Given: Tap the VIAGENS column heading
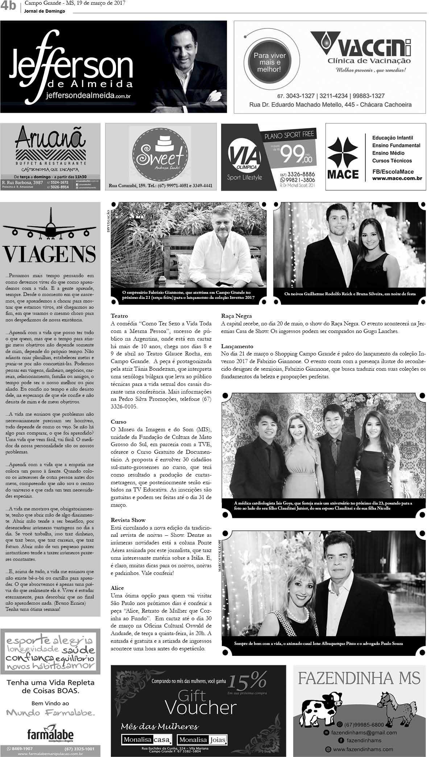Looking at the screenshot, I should [50, 254].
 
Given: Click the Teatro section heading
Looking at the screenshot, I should [119, 316].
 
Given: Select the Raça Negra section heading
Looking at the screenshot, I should [236, 316].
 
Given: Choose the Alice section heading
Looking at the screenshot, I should [117, 588].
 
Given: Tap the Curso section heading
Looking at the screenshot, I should [119, 422].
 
